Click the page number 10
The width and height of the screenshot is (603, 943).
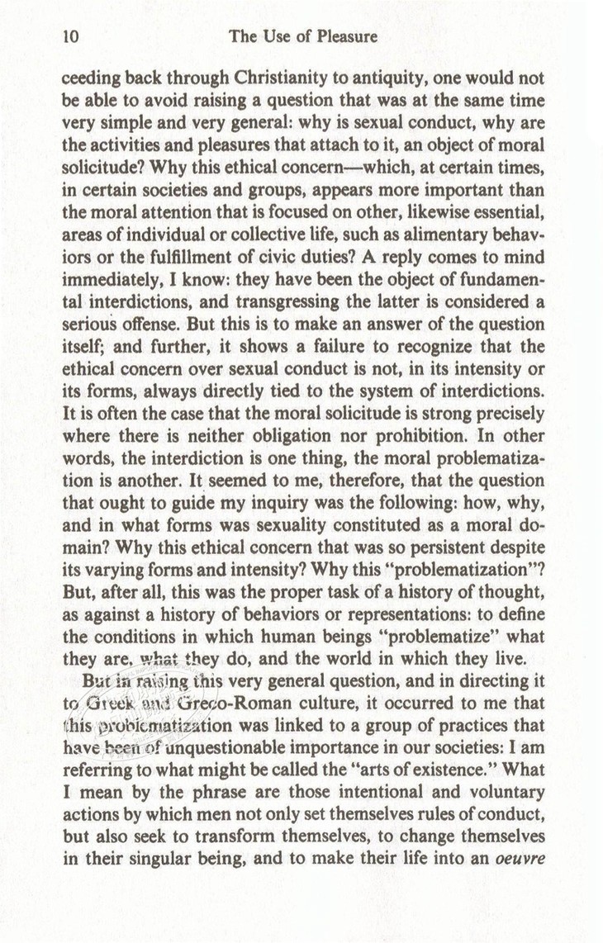click(69, 36)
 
